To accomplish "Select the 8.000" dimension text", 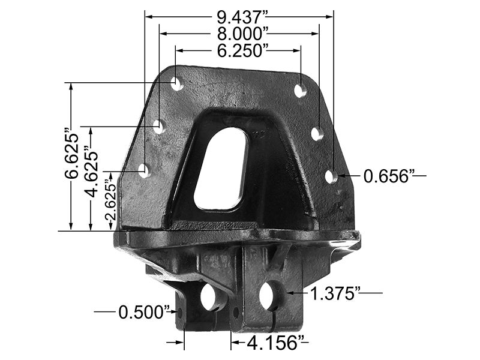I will (240, 33).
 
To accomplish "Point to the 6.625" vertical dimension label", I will (73, 155).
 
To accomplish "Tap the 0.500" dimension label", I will (143, 312).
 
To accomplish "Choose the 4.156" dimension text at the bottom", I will (271, 343).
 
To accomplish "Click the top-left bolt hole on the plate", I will (177, 83).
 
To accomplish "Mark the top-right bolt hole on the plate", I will (301, 90).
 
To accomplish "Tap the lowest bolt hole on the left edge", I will (144, 170).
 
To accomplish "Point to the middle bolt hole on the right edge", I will (318, 133).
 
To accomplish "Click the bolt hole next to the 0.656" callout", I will (331, 176).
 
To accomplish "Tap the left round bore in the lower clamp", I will (211, 297).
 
